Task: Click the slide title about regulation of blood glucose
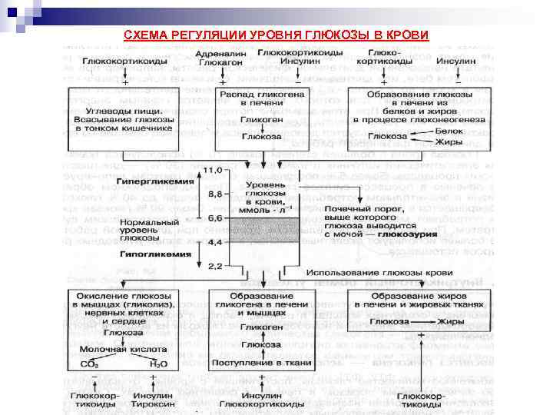[276, 36]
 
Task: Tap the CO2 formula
[89, 364]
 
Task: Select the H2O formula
[160, 364]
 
